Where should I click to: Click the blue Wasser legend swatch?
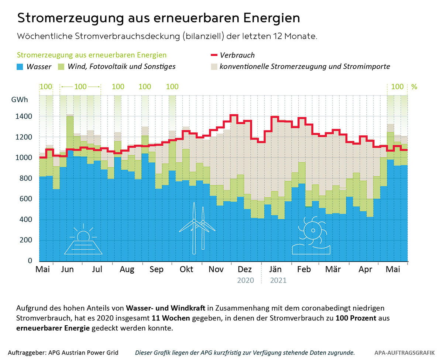(20, 67)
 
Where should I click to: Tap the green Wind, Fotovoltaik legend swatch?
(61, 67)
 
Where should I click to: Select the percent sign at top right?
(414, 87)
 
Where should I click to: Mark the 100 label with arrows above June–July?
(80, 87)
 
